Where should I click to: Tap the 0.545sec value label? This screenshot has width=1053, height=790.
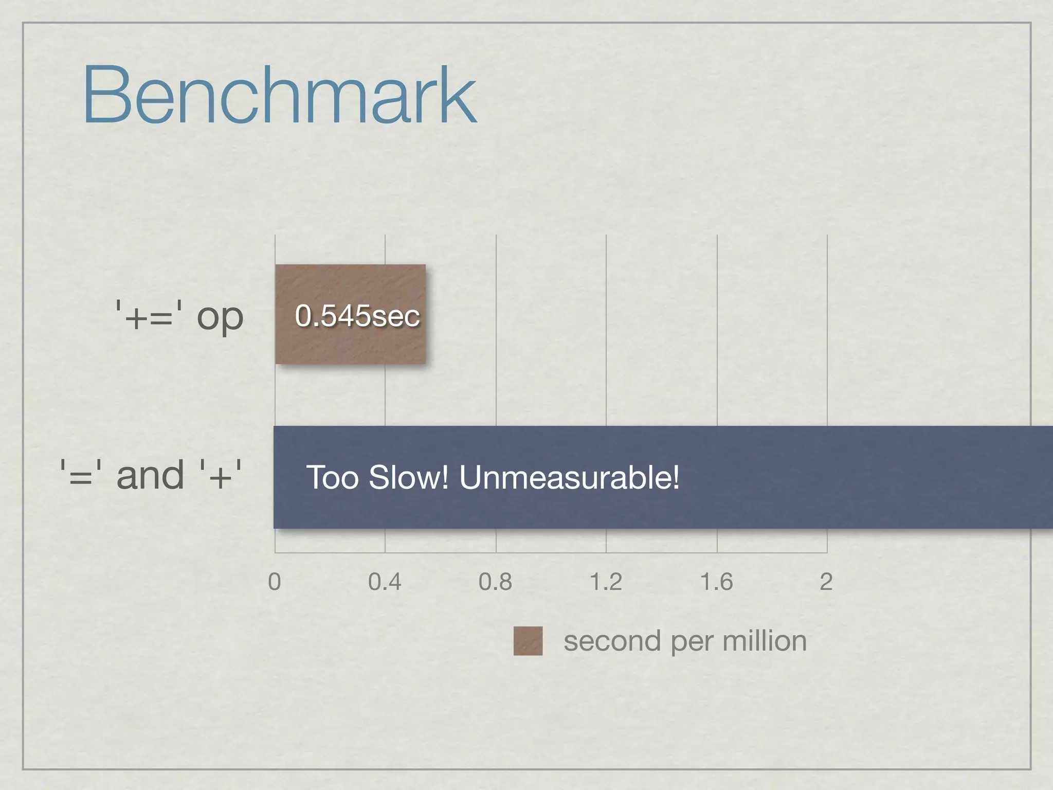(357, 315)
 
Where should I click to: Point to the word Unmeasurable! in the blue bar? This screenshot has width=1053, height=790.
(569, 477)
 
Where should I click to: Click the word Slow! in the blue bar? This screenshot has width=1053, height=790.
(409, 477)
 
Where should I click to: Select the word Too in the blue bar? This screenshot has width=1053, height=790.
(332, 477)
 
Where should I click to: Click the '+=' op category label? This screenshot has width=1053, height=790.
(179, 316)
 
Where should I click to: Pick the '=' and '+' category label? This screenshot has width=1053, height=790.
(151, 475)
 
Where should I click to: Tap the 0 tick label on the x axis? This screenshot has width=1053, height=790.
(275, 582)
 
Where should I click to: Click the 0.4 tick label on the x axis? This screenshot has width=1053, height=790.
(385, 582)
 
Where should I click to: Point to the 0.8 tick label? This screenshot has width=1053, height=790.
(495, 582)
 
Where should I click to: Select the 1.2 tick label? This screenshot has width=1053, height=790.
(606, 582)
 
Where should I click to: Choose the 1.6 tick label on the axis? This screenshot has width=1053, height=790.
(716, 582)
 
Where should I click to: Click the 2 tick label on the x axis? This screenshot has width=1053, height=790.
(826, 582)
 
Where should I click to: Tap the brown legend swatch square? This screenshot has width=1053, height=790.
(528, 641)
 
